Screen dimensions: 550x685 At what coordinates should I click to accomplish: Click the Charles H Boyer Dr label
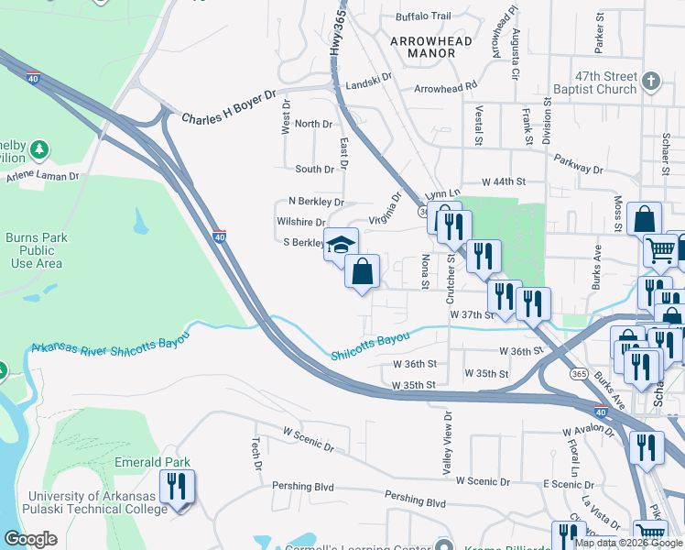tap(228, 119)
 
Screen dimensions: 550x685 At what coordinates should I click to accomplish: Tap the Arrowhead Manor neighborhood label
tap(430, 47)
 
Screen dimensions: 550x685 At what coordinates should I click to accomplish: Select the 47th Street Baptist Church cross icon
tap(651, 80)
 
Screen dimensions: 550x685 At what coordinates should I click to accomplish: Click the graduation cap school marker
tap(341, 244)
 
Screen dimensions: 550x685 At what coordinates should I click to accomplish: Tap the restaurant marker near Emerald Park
tap(177, 487)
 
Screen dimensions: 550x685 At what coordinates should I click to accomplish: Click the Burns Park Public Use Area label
tap(37, 250)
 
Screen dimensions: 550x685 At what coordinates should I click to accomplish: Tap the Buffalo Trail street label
tap(423, 16)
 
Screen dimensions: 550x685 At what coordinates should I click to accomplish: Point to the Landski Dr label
tap(366, 77)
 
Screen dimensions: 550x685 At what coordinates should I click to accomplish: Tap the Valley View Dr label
tap(448, 442)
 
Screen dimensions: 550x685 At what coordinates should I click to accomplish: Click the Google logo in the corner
tap(31, 538)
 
